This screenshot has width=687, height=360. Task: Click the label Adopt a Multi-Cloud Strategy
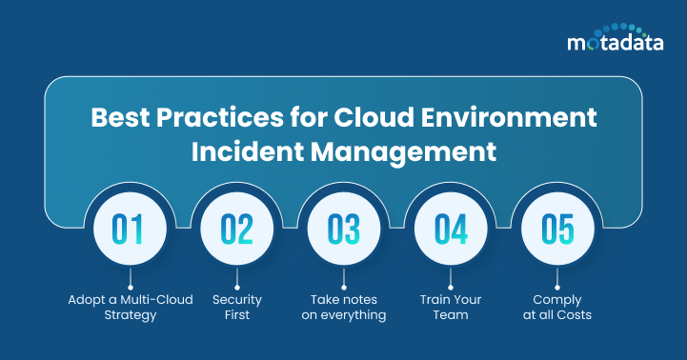[x=130, y=307]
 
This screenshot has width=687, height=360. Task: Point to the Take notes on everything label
[x=343, y=307]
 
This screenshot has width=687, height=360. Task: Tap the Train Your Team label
[x=452, y=307]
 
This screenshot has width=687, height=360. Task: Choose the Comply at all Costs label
[x=559, y=307]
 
